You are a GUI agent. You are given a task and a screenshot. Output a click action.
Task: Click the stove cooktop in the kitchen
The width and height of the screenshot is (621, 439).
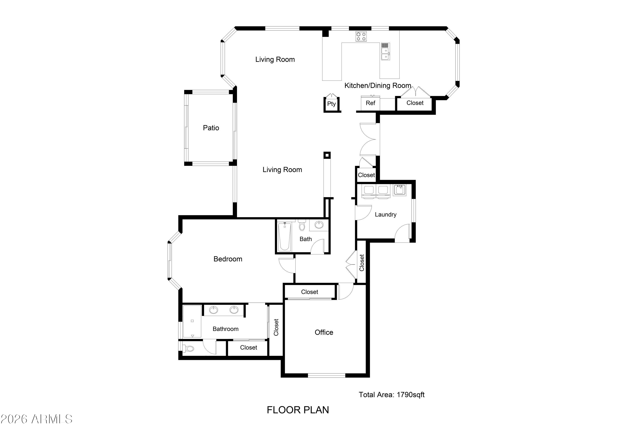(x=361, y=36)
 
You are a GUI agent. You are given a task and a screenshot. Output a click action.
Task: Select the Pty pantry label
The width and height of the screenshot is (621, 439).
(x=331, y=104)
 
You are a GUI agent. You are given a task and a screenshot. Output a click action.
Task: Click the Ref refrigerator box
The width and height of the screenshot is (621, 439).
(x=370, y=103)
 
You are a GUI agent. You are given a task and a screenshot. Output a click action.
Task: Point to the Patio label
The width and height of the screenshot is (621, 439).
(x=211, y=128)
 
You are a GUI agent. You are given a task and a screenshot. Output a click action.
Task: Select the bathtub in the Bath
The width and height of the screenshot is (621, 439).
(x=284, y=237)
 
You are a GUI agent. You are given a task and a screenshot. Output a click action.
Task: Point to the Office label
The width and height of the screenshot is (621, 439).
(x=324, y=332)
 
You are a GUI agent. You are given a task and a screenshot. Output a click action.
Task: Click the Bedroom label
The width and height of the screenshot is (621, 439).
(x=228, y=259)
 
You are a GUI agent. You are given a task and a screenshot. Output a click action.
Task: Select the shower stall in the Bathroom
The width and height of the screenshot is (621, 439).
(x=192, y=322)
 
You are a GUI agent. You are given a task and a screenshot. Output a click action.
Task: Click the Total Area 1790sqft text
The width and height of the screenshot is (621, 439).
(x=391, y=395)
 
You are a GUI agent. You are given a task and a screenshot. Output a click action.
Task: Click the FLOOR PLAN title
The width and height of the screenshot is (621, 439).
(x=298, y=410)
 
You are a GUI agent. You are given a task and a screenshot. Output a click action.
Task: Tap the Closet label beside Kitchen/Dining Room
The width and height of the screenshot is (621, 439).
(x=415, y=103)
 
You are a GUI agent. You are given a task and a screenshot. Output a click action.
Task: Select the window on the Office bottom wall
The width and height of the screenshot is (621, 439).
(x=326, y=375)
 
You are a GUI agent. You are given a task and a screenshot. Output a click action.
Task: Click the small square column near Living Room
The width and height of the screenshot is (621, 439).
(x=327, y=155)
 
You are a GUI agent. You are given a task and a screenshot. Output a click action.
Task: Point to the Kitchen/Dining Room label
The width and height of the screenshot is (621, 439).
(x=378, y=86)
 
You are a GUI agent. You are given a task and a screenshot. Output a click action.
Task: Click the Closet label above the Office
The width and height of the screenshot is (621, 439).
(x=309, y=292)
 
